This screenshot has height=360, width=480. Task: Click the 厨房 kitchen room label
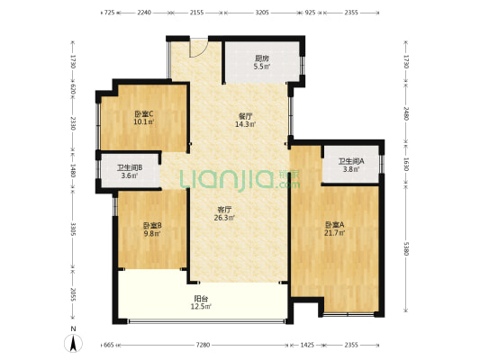click(x=262, y=58)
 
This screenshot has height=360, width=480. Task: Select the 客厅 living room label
click(x=224, y=210)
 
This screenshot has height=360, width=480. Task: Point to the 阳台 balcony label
click(x=201, y=298)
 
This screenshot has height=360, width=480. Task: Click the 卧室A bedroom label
click(x=335, y=225)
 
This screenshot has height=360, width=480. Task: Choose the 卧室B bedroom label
click(x=152, y=226)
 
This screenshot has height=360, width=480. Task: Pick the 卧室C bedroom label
click(x=144, y=114)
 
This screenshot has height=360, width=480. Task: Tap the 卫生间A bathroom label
click(x=351, y=161)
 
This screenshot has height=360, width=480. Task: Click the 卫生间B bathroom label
click(x=130, y=168)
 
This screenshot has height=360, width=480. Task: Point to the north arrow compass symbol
click(x=73, y=343)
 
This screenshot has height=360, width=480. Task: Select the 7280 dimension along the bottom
click(x=203, y=345)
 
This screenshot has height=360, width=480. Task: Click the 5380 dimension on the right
click(x=406, y=248)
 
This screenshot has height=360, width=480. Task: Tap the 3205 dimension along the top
click(x=262, y=13)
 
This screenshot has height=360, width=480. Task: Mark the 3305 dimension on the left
click(x=73, y=229)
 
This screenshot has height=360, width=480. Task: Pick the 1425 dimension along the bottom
click(x=307, y=345)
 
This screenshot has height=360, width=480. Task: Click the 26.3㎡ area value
click(x=224, y=218)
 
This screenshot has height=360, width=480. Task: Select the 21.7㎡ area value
click(x=335, y=233)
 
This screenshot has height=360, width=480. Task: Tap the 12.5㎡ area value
click(x=201, y=306)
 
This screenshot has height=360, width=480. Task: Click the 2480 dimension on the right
click(x=406, y=113)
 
